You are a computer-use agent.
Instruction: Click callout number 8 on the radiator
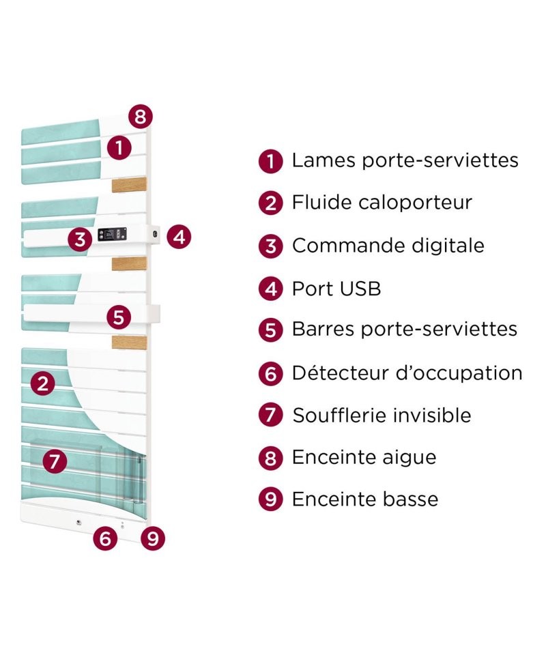click(x=141, y=117)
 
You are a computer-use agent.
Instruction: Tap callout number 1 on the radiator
click(x=119, y=147)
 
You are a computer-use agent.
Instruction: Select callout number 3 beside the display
click(x=81, y=239)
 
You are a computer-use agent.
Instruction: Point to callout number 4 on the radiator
click(x=179, y=237)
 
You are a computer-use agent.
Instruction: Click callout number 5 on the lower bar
click(x=119, y=317)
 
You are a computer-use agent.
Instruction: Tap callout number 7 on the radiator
click(x=55, y=461)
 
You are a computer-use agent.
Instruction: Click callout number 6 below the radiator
click(x=105, y=538)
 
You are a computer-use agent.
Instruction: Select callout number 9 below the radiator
click(x=153, y=538)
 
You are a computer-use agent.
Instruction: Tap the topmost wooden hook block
click(x=129, y=186)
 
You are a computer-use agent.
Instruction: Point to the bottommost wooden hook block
click(x=129, y=341)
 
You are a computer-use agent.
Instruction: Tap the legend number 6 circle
click(x=271, y=373)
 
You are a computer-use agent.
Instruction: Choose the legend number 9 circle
click(x=271, y=499)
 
